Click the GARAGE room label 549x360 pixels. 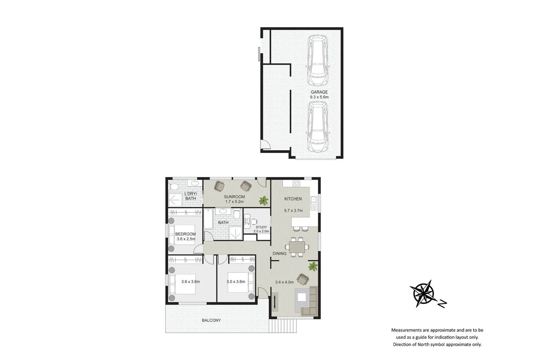click(x=319, y=92)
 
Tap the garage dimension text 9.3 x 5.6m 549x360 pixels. click(x=319, y=97)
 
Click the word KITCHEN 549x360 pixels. click(x=293, y=199)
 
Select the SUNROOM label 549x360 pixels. click(x=234, y=197)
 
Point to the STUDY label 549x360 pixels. click(x=261, y=227)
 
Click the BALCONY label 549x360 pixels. click(x=211, y=320)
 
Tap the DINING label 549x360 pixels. click(x=279, y=254)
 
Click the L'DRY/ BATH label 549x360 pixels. click(x=191, y=196)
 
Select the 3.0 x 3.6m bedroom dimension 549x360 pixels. click(x=236, y=282)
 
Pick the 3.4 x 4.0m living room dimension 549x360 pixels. click(x=284, y=282)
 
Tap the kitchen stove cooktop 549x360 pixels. click(x=296, y=183)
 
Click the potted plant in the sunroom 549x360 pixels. click(x=263, y=200)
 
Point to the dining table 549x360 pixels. click(x=297, y=247)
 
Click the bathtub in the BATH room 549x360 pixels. click(x=208, y=219)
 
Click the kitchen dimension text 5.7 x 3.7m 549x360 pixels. click(x=293, y=211)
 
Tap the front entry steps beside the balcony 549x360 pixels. click(x=283, y=326)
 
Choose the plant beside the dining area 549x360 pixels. click(x=313, y=266)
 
